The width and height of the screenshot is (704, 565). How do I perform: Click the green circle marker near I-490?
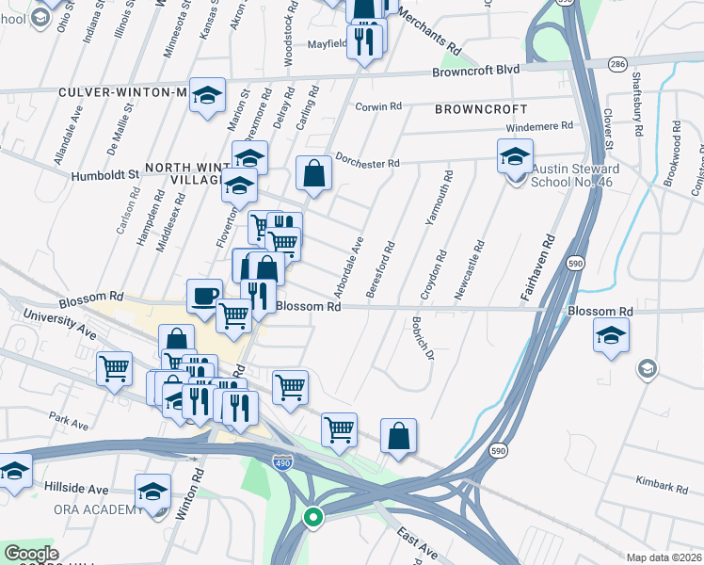click(x=312, y=516)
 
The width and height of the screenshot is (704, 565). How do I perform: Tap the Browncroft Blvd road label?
click(x=476, y=71)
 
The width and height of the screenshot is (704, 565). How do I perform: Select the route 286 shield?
click(x=617, y=64)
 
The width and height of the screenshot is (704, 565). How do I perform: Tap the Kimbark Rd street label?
click(x=663, y=486)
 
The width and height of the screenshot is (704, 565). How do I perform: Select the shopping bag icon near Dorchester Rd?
click(x=313, y=174)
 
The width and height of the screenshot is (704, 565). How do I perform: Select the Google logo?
click(x=32, y=554)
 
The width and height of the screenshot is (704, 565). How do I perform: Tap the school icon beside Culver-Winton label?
click(x=207, y=95)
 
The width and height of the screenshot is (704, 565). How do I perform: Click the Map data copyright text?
click(x=664, y=557)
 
